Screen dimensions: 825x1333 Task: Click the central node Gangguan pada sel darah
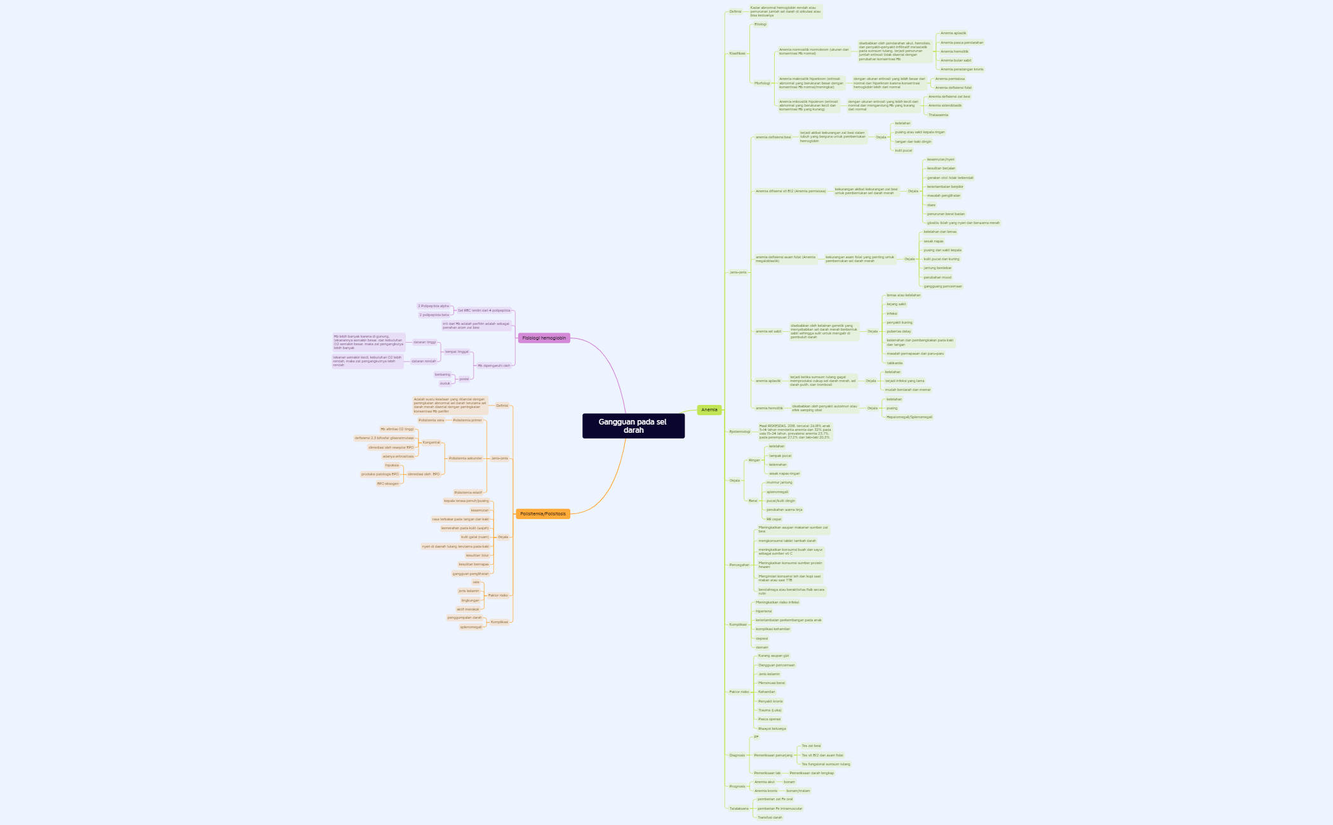click(633, 426)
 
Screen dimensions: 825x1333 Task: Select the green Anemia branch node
click(709, 410)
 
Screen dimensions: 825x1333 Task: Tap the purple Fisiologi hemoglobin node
click(544, 338)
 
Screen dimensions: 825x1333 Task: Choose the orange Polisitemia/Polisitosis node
click(543, 514)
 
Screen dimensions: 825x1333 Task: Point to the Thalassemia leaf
click(938, 115)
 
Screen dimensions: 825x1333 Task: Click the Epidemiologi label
click(740, 432)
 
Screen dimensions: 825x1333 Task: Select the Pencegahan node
click(739, 565)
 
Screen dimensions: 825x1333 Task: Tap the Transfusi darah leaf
click(770, 817)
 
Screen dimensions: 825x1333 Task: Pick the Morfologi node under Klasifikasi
click(762, 83)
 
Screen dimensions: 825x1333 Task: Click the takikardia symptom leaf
click(895, 363)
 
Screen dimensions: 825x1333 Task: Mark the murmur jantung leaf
click(779, 482)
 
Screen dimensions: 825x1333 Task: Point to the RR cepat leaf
click(774, 519)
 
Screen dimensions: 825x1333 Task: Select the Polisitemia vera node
click(431, 420)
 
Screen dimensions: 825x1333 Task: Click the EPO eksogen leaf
click(388, 484)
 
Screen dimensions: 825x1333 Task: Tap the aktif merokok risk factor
click(468, 609)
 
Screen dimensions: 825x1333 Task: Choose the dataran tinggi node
click(425, 342)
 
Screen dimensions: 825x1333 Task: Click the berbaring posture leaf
click(443, 374)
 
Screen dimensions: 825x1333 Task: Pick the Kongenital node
click(431, 442)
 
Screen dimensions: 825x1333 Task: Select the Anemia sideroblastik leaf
click(945, 106)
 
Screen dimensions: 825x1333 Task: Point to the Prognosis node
click(737, 786)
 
